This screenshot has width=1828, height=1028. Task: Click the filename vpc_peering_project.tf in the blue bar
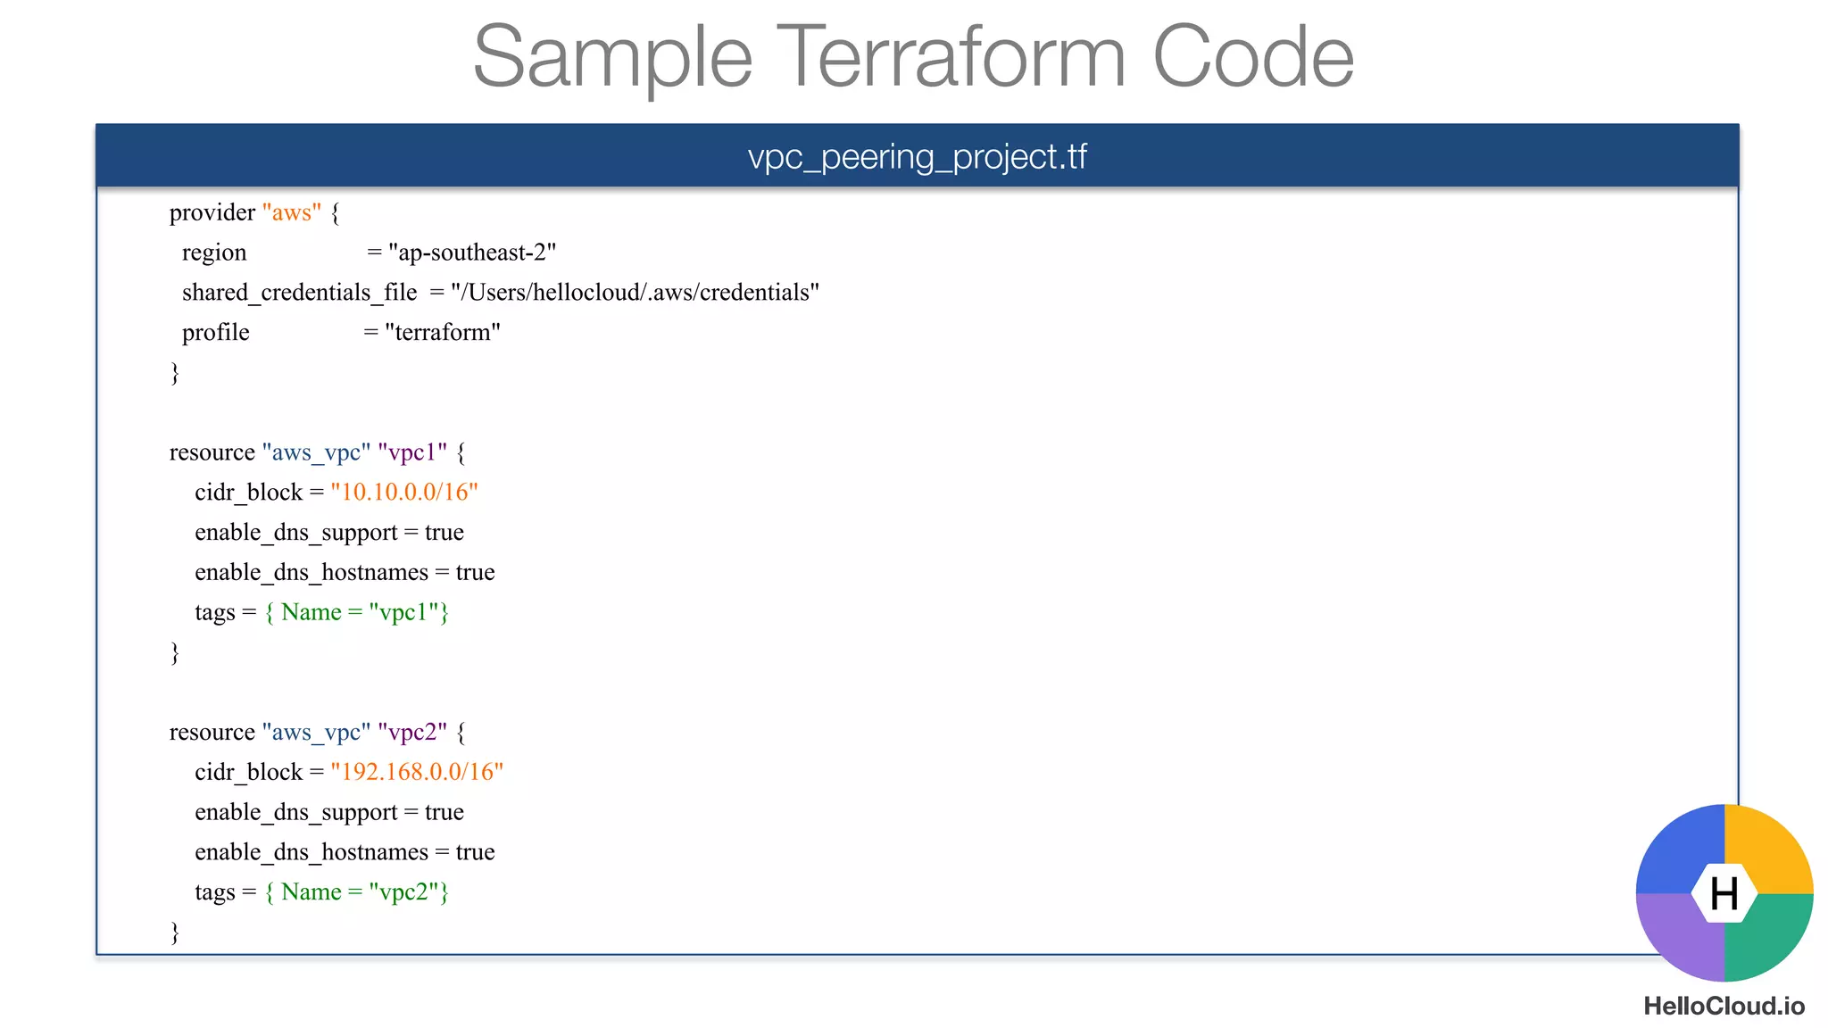[x=917, y=157]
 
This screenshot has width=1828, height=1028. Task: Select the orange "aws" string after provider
[x=292, y=212]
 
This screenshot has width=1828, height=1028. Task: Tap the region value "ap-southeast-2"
[x=472, y=253]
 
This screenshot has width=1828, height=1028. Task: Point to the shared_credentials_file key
[x=299, y=293]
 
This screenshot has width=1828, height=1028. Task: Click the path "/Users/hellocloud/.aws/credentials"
[x=635, y=293]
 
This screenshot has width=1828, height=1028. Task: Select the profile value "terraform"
[x=443, y=333]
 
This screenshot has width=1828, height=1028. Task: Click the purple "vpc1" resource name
[x=412, y=452]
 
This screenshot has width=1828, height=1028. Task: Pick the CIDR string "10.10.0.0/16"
[x=404, y=493]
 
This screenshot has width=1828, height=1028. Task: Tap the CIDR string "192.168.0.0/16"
[x=417, y=772]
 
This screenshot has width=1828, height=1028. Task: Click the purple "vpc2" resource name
[x=412, y=732]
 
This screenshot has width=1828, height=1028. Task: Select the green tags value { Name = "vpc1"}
[x=357, y=612]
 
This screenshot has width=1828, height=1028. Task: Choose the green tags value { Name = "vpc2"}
[x=357, y=892]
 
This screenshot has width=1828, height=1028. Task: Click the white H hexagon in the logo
[x=1724, y=893]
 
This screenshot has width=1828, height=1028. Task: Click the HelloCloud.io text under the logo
[x=1724, y=1007]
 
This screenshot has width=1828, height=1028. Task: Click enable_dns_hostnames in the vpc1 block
[x=312, y=572]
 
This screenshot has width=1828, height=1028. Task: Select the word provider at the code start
[x=212, y=212]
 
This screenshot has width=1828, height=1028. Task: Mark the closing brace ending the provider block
[x=175, y=372]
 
